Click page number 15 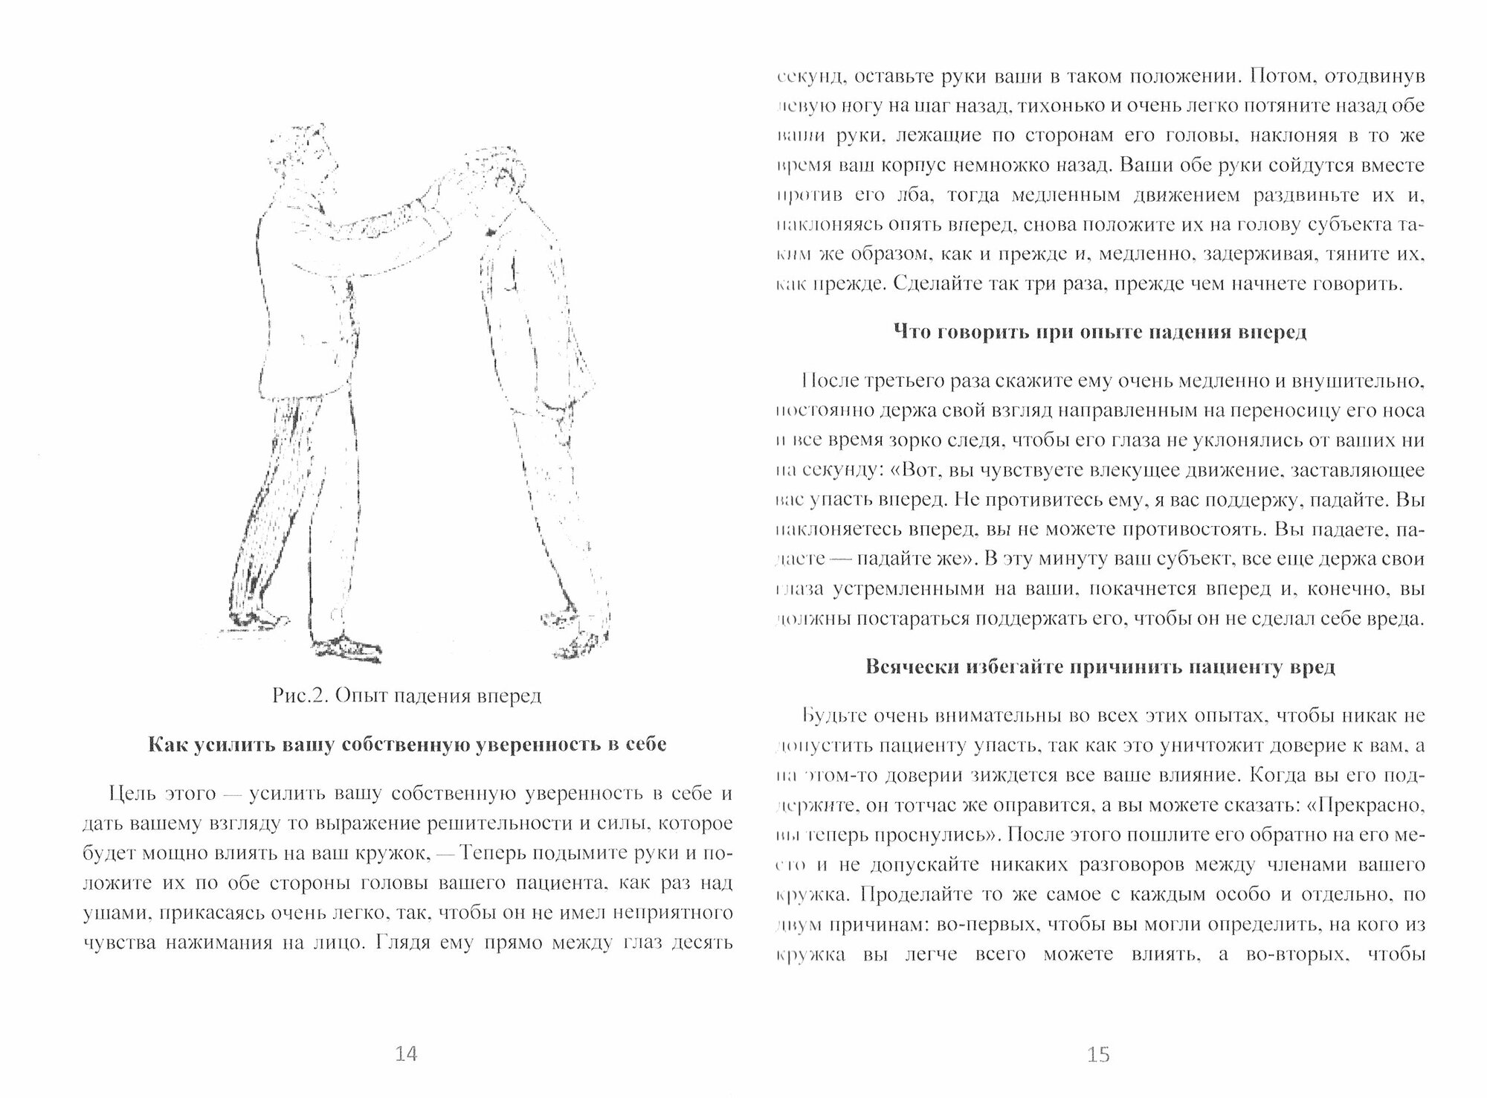pyautogui.click(x=1098, y=1054)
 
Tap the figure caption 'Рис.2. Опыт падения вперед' pyautogui.click(x=407, y=696)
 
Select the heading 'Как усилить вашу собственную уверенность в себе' pyautogui.click(x=407, y=745)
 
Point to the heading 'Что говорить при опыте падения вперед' pyautogui.click(x=1099, y=332)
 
